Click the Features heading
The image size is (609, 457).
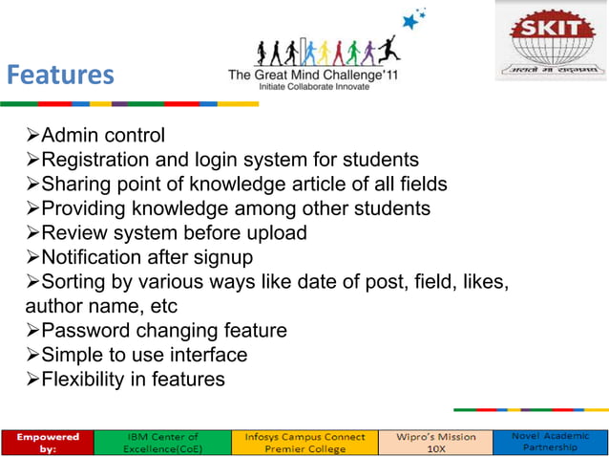tap(60, 75)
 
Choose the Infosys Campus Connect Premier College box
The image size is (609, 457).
tap(299, 441)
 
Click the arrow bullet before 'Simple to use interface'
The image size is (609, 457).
tap(32, 356)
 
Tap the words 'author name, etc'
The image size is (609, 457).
tap(104, 306)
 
